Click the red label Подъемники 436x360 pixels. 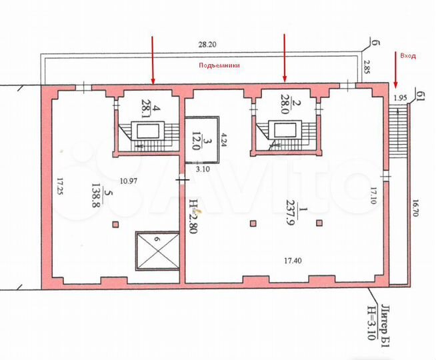[x=219, y=66]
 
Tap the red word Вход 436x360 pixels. [x=407, y=56]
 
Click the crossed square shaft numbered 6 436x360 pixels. [x=157, y=251]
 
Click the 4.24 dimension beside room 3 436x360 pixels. [x=225, y=141]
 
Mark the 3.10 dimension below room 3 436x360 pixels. [x=201, y=170]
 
